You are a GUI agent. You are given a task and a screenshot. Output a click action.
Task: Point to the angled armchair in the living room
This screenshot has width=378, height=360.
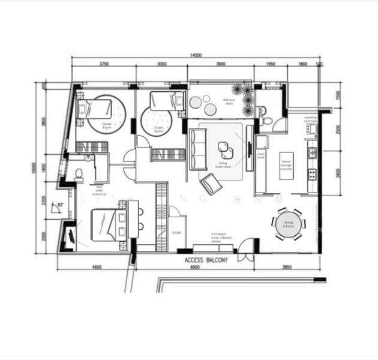click(211, 182)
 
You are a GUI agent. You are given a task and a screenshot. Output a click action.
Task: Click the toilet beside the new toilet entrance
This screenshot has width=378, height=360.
click(79, 175)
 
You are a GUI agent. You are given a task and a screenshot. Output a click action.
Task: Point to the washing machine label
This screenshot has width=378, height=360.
click(310, 119)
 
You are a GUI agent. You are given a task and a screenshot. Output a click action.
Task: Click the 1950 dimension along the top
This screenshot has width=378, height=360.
click(270, 64)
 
